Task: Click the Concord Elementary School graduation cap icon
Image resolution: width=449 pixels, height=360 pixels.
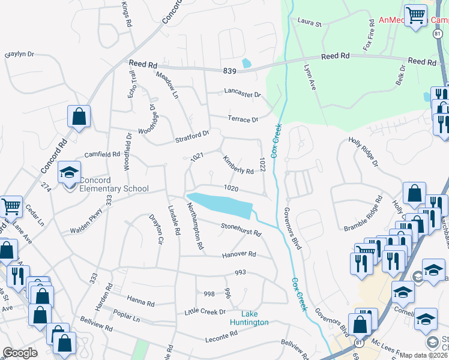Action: [70, 173]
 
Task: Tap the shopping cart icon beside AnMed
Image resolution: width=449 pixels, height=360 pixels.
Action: [415, 16]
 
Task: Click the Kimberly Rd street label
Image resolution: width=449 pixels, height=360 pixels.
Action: [238, 165]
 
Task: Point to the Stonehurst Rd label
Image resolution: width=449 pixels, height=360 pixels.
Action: [241, 229]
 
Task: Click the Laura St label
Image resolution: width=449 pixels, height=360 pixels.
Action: [310, 23]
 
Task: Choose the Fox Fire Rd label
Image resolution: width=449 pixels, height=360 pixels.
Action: [369, 37]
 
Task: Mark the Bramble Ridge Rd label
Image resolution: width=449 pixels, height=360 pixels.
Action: [364, 214]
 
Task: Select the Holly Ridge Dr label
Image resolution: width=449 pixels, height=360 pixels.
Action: [363, 152]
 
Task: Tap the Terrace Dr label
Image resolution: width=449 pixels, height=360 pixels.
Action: [243, 119]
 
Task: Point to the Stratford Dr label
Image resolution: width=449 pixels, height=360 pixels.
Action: [192, 136]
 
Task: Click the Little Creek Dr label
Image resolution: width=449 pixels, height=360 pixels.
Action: [205, 312]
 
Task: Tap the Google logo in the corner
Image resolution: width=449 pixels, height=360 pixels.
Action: [20, 353]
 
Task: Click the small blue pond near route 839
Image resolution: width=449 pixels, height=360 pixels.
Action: [246, 63]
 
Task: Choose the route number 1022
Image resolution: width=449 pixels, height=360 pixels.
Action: [262, 164]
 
